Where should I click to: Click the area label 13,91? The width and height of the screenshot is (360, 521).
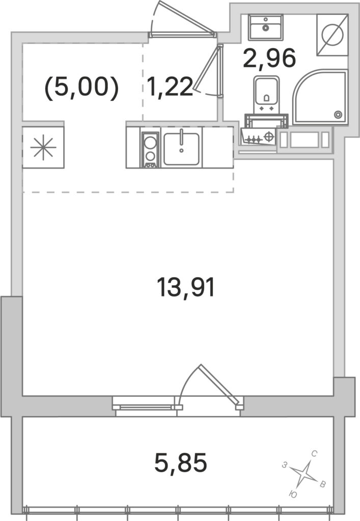pyautogui.click(x=186, y=288)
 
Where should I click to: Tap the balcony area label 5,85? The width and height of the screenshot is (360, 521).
pyautogui.click(x=181, y=463)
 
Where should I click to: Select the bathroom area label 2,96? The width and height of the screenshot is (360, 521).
pyautogui.click(x=269, y=58)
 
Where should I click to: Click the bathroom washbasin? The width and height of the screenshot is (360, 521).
pyautogui.click(x=266, y=27)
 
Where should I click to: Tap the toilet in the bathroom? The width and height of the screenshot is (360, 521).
pyautogui.click(x=266, y=95)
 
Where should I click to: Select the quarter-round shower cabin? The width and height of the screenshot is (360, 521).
pyautogui.click(x=320, y=97)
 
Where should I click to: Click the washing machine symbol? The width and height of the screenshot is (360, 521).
pyautogui.click(x=333, y=35)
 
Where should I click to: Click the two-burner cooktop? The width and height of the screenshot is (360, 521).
pyautogui.click(x=150, y=150)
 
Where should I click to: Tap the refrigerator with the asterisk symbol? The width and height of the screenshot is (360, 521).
pyautogui.click(x=43, y=147)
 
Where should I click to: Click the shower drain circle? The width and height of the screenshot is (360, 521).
pyautogui.click(x=338, y=114)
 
